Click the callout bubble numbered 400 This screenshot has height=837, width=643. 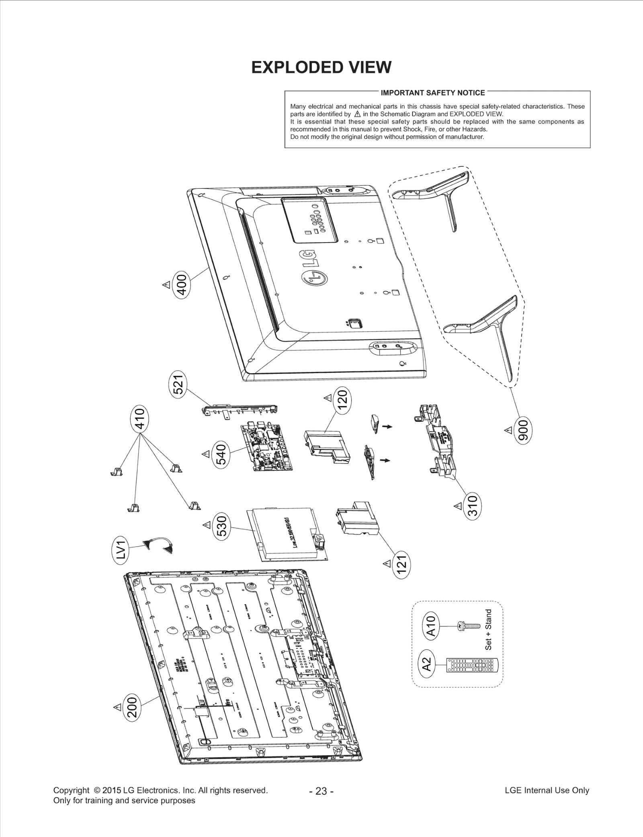[181, 284]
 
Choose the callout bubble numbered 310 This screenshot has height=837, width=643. [472, 505]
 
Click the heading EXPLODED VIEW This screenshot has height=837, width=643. [321, 67]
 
